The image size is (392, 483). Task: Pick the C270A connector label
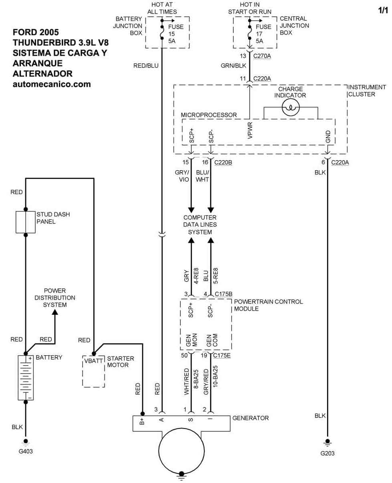coord(262,56)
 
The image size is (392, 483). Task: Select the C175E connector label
coord(222,355)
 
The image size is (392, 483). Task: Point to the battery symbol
coord(26,377)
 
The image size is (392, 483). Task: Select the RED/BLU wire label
coord(146,66)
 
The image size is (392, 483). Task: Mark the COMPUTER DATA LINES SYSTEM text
coord(200,225)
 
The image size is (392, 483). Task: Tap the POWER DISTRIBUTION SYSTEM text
coord(55,298)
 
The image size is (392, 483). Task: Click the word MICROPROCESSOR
coord(209,115)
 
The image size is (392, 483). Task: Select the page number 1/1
coord(384,11)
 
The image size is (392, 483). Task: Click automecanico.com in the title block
coord(52,84)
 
